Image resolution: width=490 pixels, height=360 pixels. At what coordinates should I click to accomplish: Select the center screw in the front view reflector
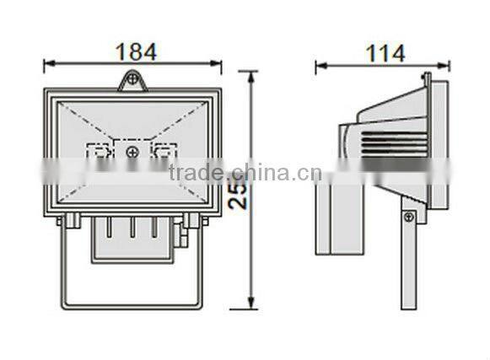(132, 152)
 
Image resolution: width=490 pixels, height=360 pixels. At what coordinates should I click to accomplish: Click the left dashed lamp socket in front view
(99, 152)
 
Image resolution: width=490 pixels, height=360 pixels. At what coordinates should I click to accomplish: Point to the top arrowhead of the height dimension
(250, 74)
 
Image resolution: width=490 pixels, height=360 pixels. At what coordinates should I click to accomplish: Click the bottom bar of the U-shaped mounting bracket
(132, 303)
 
